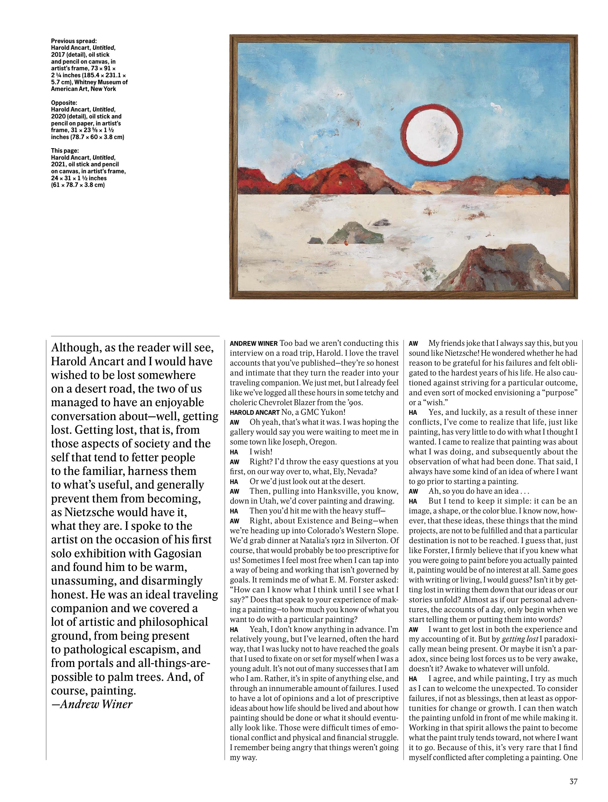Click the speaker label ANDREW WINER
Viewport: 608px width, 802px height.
click(x=254, y=343)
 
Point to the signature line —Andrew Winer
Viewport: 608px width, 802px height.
click(x=92, y=704)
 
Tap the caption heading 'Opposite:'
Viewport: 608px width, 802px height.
click(x=64, y=103)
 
